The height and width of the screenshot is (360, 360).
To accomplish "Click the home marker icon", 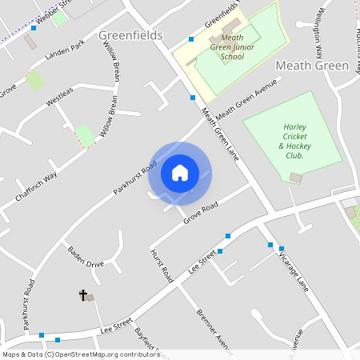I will coord(180,173).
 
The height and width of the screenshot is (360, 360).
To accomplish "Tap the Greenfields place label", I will coord(130,36).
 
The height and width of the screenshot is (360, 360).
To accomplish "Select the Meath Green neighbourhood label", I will coord(311,65).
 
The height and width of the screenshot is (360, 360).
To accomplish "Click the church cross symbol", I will coord(82,295).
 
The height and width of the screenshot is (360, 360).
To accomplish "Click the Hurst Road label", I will coord(162,266).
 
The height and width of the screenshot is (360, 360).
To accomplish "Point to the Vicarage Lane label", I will coord(293,269).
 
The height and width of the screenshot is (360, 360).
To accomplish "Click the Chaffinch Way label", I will coord(36,187).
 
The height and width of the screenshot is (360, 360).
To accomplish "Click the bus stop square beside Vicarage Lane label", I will coord(270,245).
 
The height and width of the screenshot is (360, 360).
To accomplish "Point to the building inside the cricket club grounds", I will coord(296,177).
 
